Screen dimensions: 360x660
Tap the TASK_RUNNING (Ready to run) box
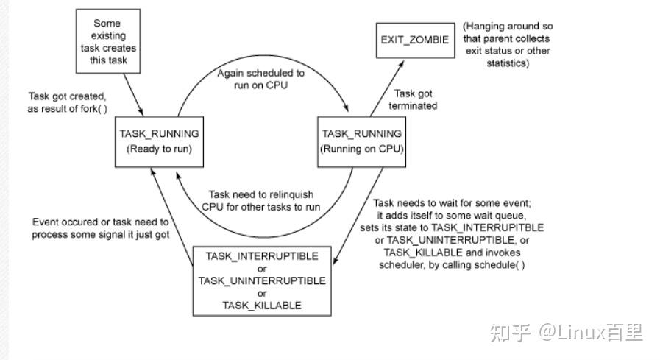click(x=159, y=141)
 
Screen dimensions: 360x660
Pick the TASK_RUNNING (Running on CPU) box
click(x=362, y=141)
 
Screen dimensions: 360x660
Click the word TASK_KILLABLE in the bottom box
click(x=263, y=306)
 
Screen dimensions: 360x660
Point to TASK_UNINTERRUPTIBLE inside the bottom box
click(x=263, y=280)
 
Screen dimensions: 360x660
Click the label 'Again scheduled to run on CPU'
click(x=261, y=80)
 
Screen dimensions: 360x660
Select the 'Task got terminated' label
click(x=416, y=99)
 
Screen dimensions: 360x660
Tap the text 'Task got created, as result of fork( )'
click(x=67, y=103)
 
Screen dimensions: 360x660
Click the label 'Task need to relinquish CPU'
click(x=260, y=200)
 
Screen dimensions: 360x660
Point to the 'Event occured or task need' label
click(x=101, y=227)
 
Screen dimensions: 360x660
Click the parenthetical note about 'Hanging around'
click(x=506, y=44)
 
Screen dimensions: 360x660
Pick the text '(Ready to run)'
click(x=159, y=148)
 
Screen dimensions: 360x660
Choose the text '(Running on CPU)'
click(x=362, y=148)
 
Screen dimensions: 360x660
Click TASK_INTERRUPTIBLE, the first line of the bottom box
click(x=263, y=255)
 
